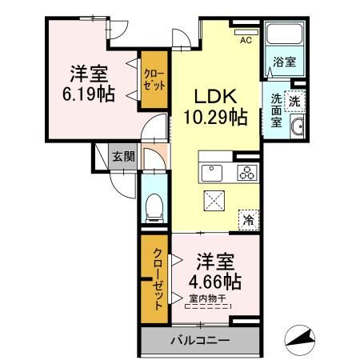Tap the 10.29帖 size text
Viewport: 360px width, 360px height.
tap(214, 116)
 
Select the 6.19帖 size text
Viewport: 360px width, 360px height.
tap(87, 94)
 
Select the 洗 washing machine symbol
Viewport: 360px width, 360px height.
tap(294, 102)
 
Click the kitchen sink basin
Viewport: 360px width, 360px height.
tap(213, 171)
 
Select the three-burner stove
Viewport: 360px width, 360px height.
tap(245, 171)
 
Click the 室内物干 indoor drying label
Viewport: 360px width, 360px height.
tap(206, 301)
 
